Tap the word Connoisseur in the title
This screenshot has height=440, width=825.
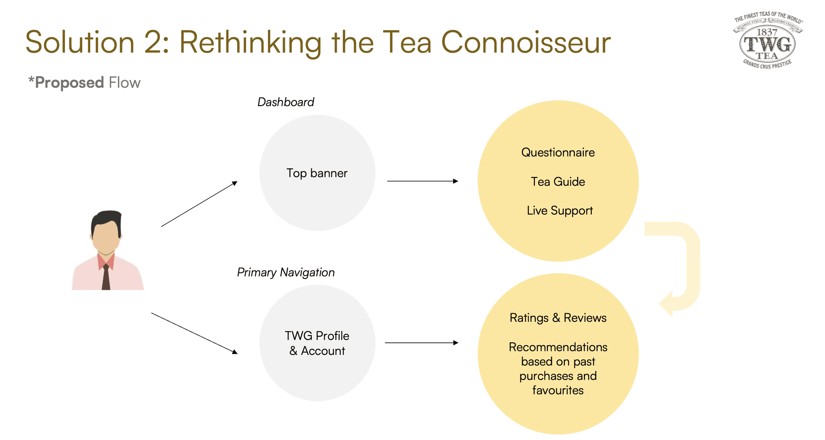tap(526, 42)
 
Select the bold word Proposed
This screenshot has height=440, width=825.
tap(69, 83)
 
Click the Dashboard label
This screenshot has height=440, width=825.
tap(286, 102)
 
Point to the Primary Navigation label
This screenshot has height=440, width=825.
tap(286, 273)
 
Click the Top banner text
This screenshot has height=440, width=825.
tap(317, 173)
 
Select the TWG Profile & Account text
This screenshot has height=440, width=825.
tap(317, 343)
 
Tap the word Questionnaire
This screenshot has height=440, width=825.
tap(558, 152)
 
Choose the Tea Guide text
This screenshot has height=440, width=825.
tap(558, 182)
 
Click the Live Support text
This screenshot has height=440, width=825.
tap(560, 211)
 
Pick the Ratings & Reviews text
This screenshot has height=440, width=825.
tap(558, 318)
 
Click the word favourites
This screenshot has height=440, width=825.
tap(558, 390)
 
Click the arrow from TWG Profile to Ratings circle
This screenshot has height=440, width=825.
tap(421, 343)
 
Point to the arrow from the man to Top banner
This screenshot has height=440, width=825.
tap(199, 204)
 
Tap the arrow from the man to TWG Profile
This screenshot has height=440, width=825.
tap(194, 333)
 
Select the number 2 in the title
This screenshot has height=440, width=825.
tap(152, 42)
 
